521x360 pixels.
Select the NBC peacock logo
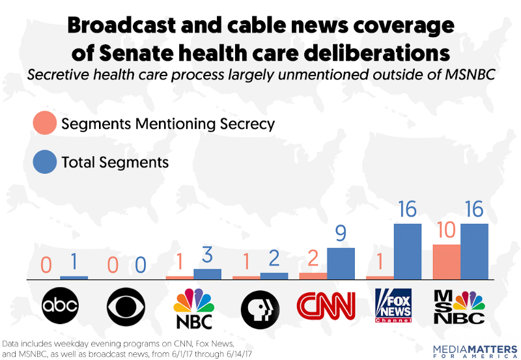point(194,306)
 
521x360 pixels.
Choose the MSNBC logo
point(460,306)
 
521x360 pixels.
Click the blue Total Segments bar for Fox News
point(408,251)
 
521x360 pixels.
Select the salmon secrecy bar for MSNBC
point(446,262)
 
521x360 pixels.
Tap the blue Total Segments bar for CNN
point(341,264)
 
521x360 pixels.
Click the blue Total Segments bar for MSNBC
point(474,251)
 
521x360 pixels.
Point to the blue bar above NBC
point(208,274)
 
